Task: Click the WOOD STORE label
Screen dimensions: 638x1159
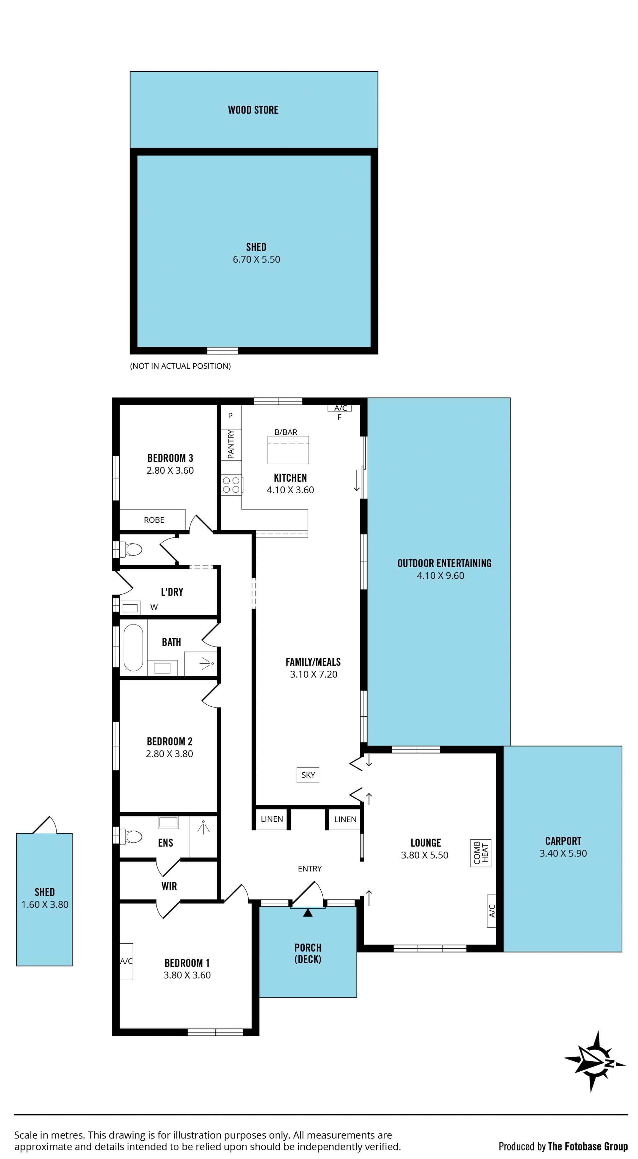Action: pyautogui.click(x=253, y=110)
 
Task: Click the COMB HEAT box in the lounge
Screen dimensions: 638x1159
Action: pyautogui.click(x=480, y=853)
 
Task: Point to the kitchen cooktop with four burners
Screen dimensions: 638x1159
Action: pyautogui.click(x=231, y=485)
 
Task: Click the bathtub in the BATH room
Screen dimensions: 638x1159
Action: pyautogui.click(x=133, y=646)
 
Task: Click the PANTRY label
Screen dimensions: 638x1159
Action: pyautogui.click(x=231, y=444)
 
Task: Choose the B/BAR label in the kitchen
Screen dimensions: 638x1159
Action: pyautogui.click(x=286, y=432)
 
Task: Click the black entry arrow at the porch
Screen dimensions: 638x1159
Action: pyautogui.click(x=308, y=912)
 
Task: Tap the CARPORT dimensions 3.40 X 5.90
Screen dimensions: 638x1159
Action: pyautogui.click(x=563, y=854)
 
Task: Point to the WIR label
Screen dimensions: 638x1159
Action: pyautogui.click(x=169, y=886)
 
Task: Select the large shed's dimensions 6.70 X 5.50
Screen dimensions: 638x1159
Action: pyautogui.click(x=257, y=260)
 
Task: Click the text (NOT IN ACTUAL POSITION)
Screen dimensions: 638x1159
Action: pyautogui.click(x=180, y=366)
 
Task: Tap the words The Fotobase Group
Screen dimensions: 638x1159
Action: pyautogui.click(x=587, y=1146)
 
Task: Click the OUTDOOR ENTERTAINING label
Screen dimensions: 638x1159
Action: pyautogui.click(x=445, y=563)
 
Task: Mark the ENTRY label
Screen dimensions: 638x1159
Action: pyautogui.click(x=310, y=869)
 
